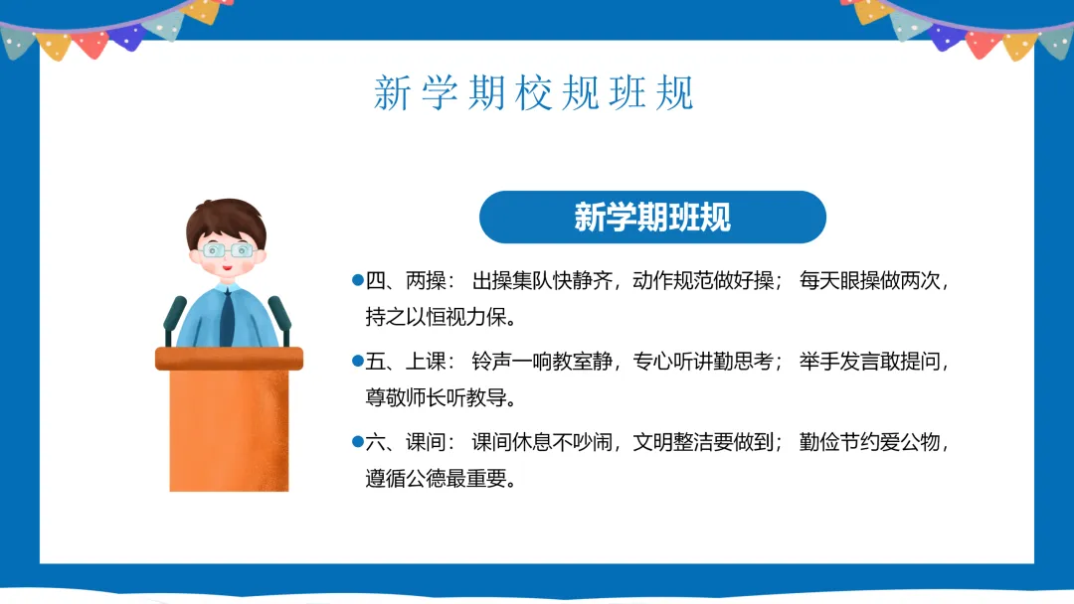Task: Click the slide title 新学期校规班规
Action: point(534,93)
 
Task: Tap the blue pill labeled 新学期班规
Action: point(652,217)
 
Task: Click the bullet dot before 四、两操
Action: point(358,280)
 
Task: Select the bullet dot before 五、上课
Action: point(358,361)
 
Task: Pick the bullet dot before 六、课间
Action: point(358,441)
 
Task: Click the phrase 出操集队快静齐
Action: point(542,280)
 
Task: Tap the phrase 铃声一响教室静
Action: point(542,362)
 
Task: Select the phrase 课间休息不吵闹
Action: point(542,442)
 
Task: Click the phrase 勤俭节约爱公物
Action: point(869,442)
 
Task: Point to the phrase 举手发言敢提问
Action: point(869,362)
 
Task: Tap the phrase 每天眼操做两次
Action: point(869,280)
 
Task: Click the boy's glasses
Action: point(228,250)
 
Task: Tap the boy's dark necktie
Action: point(227,318)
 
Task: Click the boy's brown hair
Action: point(226,219)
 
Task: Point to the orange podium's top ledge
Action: point(229,359)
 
